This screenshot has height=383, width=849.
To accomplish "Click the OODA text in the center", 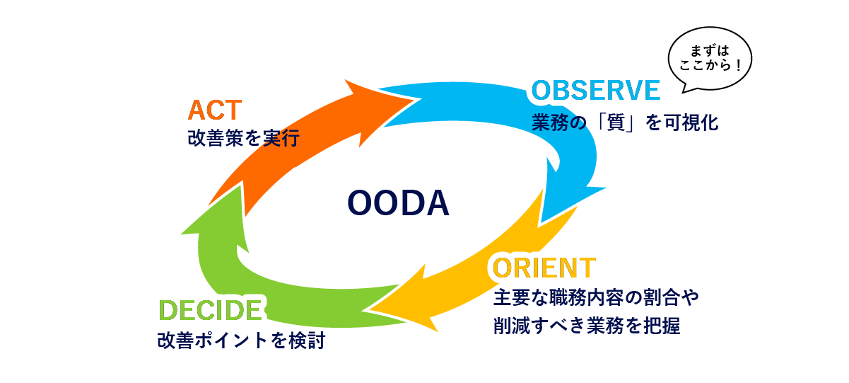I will (x=399, y=203).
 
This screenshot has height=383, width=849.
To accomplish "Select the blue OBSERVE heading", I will (x=596, y=91).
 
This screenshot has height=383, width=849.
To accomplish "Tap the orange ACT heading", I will (x=215, y=110).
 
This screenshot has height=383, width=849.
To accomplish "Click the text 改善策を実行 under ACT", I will (x=242, y=138).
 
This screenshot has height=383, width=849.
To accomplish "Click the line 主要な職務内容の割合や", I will (x=595, y=297).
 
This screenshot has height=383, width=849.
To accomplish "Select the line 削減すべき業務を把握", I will (x=586, y=326).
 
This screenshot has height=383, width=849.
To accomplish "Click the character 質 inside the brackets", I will (x=624, y=123).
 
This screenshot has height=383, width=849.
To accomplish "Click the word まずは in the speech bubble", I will (x=709, y=52).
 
